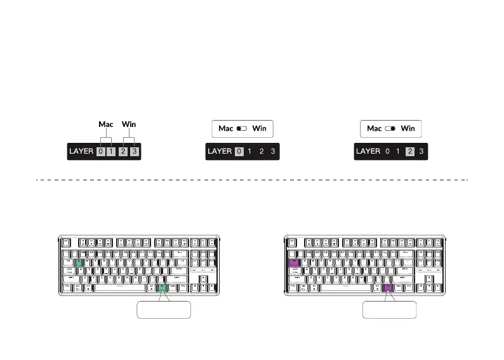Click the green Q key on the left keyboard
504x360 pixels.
(79, 262)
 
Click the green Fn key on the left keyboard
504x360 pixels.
(162, 287)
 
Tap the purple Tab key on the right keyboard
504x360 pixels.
(294, 262)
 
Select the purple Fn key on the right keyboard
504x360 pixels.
(388, 287)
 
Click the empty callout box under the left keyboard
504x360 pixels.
(164, 310)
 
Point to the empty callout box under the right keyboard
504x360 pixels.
(389, 310)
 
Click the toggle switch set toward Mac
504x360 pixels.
(241, 128)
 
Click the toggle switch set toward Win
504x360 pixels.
(390, 128)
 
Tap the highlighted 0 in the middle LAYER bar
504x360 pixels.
(239, 151)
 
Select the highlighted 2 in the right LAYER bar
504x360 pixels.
(410, 151)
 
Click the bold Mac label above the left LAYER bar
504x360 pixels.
(105, 124)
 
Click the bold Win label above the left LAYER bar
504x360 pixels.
(129, 124)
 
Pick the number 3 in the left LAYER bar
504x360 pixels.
(135, 152)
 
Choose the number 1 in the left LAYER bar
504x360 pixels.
(112, 152)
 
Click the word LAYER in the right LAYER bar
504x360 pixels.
(368, 151)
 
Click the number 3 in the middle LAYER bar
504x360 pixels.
(272, 151)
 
